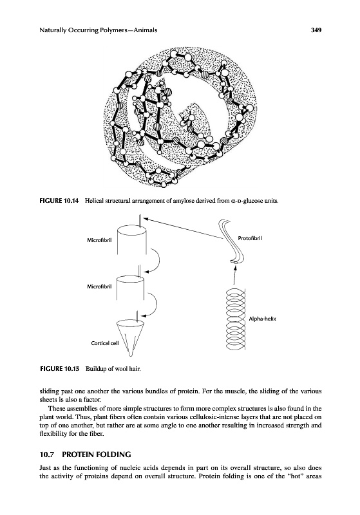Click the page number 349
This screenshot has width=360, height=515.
(x=316, y=30)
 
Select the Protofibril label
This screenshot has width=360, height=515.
(x=250, y=238)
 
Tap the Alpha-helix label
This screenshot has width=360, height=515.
(x=263, y=319)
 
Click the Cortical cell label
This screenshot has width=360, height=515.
(x=105, y=343)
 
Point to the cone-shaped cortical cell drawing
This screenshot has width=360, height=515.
(x=130, y=337)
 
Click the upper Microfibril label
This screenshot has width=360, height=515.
(x=99, y=240)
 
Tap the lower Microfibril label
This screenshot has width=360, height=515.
(x=99, y=286)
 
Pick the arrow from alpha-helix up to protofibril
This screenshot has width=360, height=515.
(x=234, y=276)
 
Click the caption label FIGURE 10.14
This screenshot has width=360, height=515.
(x=59, y=201)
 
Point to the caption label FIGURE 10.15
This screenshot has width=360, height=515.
(x=59, y=368)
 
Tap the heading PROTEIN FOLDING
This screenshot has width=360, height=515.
(x=97, y=454)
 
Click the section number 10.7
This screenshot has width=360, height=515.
(x=46, y=454)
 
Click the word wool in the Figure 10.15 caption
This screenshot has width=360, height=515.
(x=120, y=368)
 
